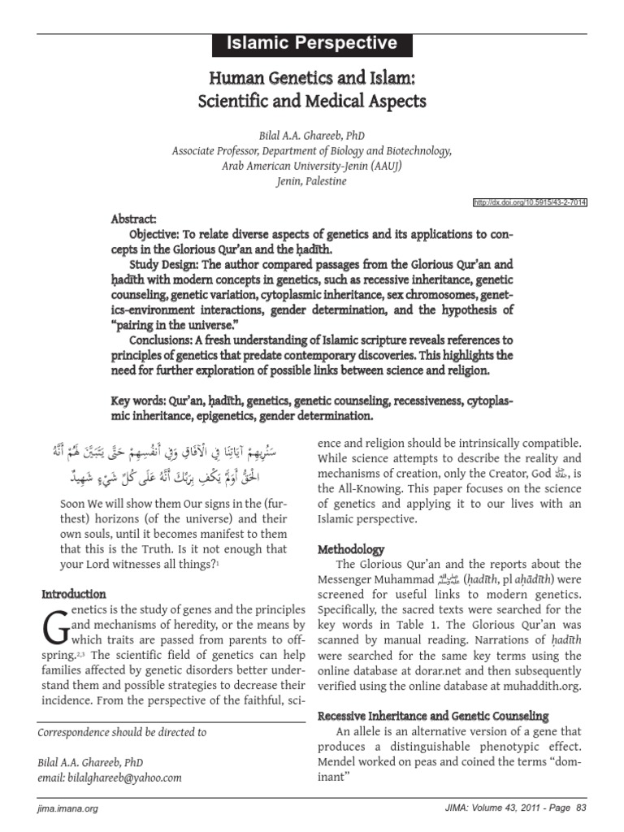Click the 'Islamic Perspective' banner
click(x=312, y=44)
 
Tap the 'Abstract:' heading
click(x=134, y=220)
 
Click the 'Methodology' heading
click(x=351, y=550)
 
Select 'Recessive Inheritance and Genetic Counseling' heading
click(x=433, y=716)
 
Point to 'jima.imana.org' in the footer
click(x=68, y=809)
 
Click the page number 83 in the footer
click(x=580, y=809)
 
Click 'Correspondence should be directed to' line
click(x=123, y=732)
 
